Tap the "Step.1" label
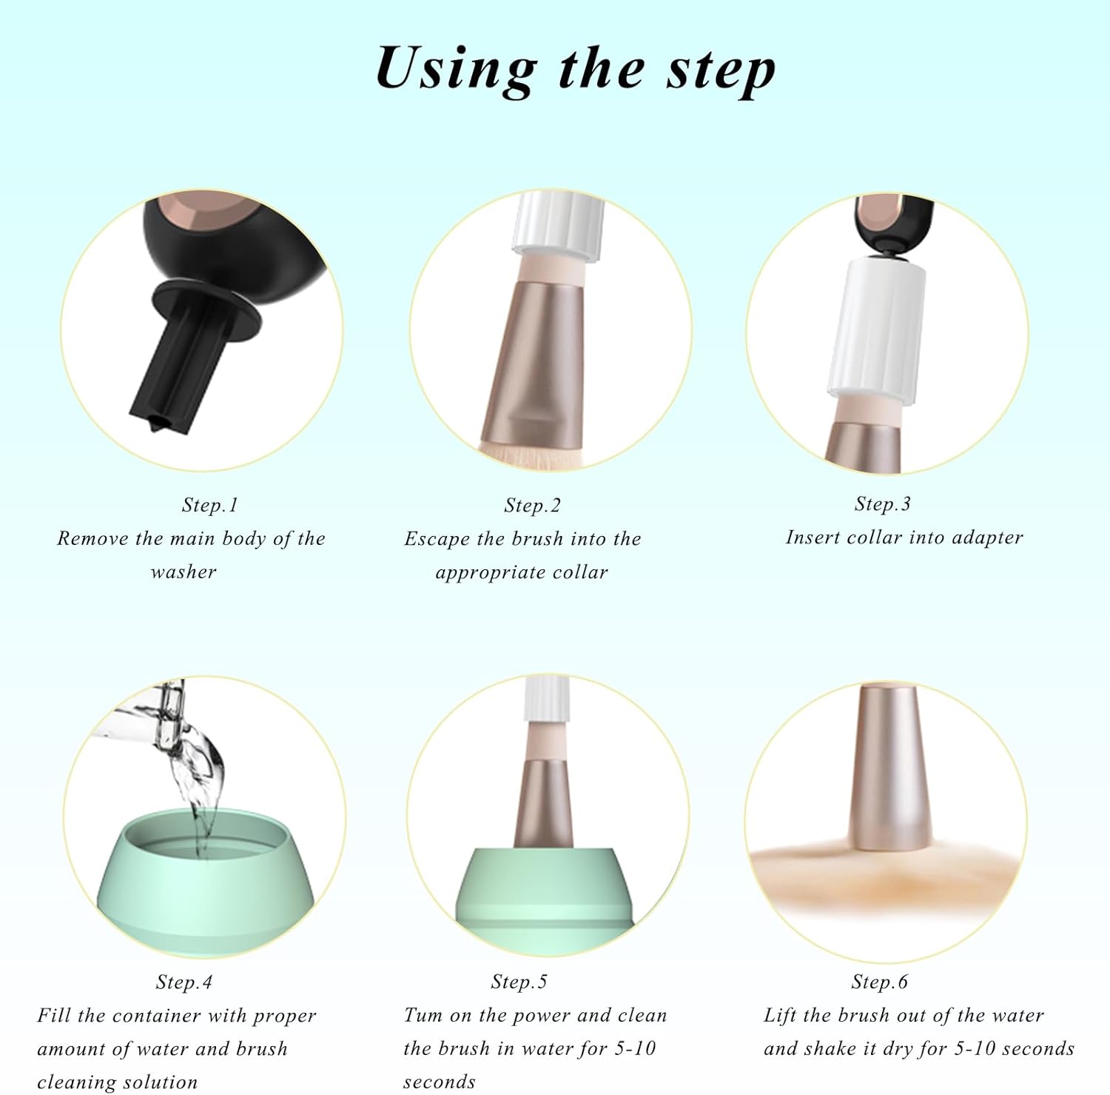[209, 505]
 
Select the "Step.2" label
[532, 506]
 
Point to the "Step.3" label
[882, 504]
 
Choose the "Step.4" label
[184, 982]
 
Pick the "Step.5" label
[519, 982]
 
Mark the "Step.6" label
[879, 982]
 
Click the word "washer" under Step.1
[184, 572]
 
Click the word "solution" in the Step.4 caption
[161, 1082]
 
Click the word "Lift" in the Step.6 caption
[780, 1015]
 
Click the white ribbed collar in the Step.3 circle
[875, 326]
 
